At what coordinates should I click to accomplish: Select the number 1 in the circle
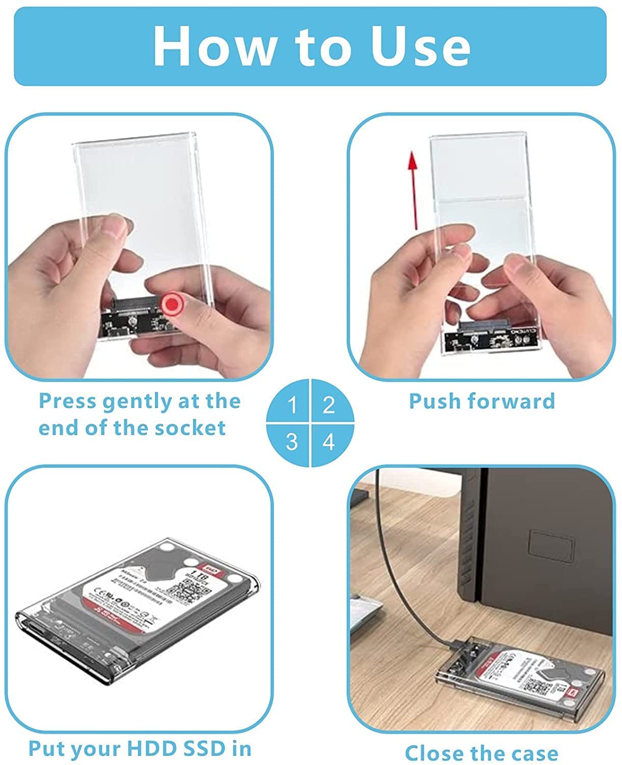(292, 405)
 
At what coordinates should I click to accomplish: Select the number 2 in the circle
(329, 405)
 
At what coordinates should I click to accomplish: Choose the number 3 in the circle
(292, 442)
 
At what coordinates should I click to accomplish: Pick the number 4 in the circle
(329, 442)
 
